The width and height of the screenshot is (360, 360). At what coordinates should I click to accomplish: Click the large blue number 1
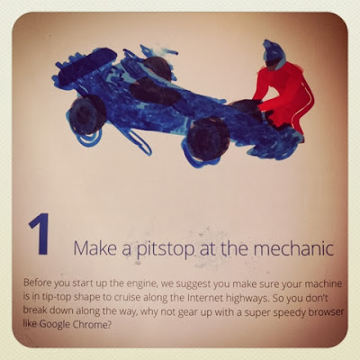40,234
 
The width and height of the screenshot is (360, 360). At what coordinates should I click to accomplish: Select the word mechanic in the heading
293,248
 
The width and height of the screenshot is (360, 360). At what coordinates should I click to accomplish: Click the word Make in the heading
95,248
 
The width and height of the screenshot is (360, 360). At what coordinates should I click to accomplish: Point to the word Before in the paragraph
37,283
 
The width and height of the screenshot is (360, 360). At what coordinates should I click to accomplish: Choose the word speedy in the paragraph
285,313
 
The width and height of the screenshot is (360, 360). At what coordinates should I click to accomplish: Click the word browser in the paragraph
322,312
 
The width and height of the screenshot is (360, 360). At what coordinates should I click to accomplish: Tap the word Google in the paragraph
55,325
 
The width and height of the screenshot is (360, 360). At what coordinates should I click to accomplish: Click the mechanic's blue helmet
273,55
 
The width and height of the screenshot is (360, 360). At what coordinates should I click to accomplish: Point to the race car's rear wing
87,66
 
